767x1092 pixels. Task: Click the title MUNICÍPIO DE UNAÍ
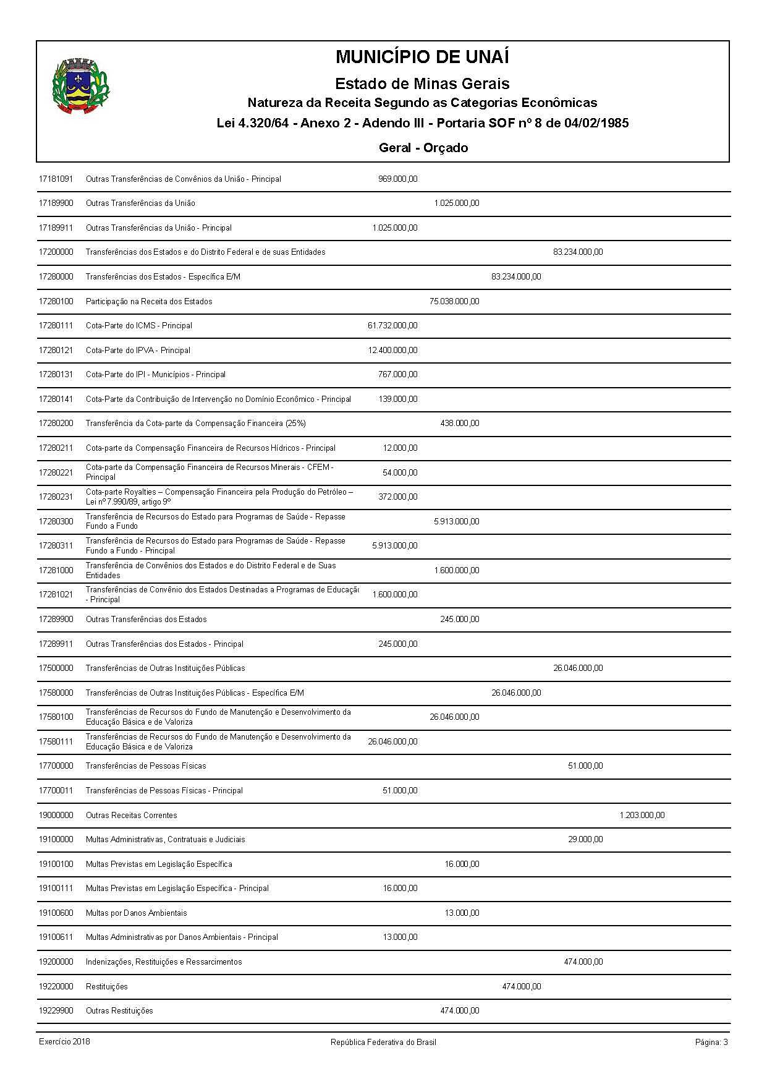click(422, 58)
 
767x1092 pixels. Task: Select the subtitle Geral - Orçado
click(423, 148)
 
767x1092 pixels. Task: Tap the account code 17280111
click(56, 326)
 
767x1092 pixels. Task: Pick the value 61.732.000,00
click(392, 326)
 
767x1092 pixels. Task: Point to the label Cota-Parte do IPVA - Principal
click(138, 350)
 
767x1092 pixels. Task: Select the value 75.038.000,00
click(454, 301)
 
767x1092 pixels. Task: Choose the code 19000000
click(56, 815)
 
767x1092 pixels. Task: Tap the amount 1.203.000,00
click(642, 815)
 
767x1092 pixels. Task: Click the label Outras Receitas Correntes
click(131, 815)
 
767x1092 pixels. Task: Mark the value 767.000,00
click(397, 375)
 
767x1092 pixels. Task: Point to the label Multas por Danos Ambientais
click(136, 913)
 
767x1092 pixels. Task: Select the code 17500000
click(56, 668)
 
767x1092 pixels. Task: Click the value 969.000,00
click(397, 179)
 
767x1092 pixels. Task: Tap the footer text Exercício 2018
click(64, 1041)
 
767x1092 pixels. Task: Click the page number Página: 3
click(711, 1042)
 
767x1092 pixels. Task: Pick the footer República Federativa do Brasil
click(383, 1042)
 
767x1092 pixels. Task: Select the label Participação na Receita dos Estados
click(148, 301)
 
